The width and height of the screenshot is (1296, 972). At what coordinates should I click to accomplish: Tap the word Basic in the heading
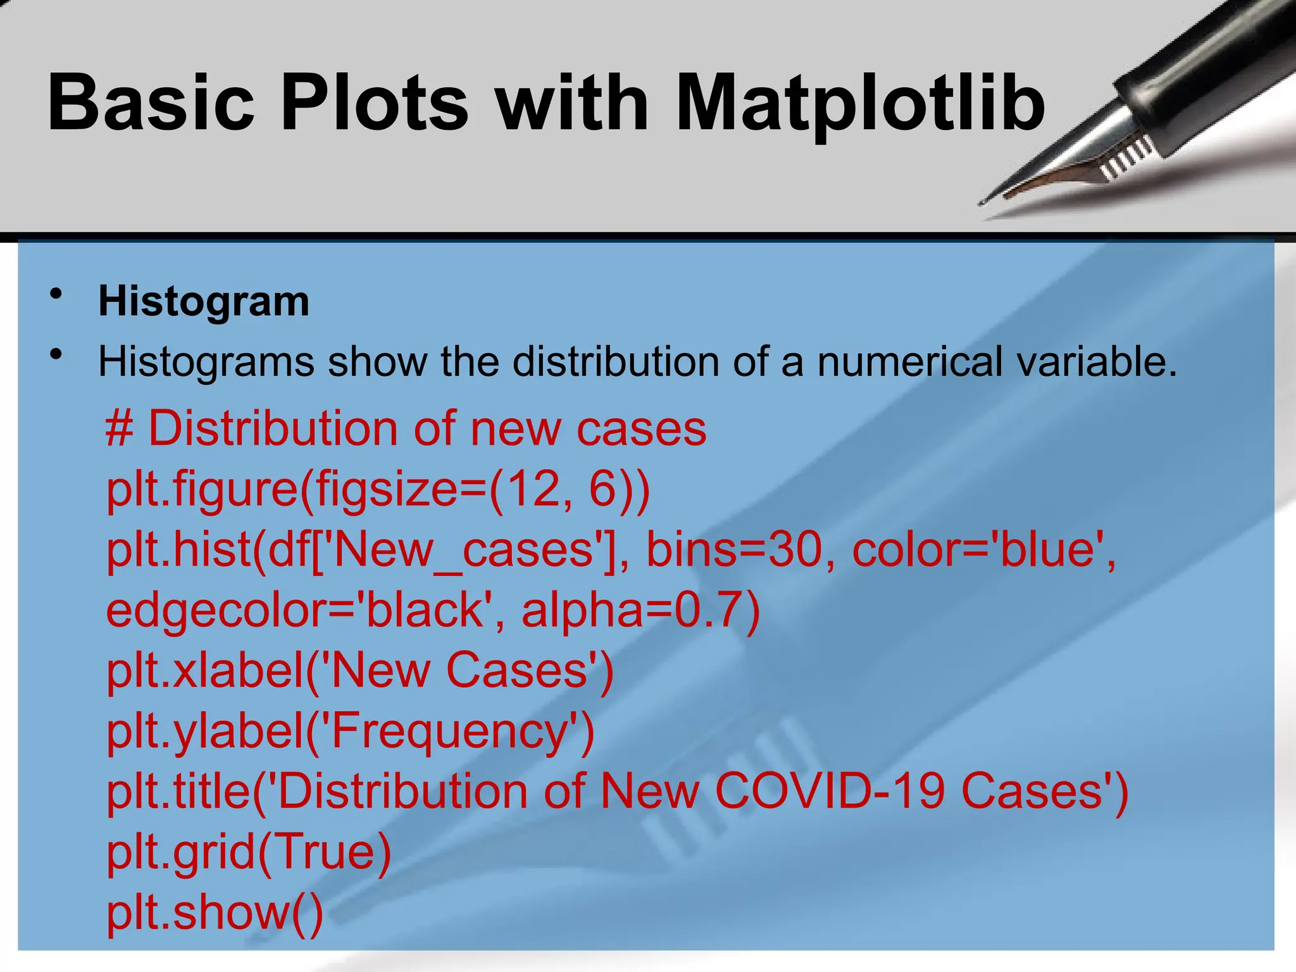coord(151,103)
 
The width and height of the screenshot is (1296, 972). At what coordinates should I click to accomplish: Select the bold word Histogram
coord(204,301)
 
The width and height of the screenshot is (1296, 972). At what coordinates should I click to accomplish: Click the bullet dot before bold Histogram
coord(57,294)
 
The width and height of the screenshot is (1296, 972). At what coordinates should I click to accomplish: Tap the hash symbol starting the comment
coord(119,429)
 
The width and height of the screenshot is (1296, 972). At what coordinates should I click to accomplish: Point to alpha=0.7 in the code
coord(639,610)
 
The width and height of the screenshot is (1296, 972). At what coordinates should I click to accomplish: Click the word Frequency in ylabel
coord(450,732)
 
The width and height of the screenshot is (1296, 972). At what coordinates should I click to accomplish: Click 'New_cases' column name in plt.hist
coord(462,549)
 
